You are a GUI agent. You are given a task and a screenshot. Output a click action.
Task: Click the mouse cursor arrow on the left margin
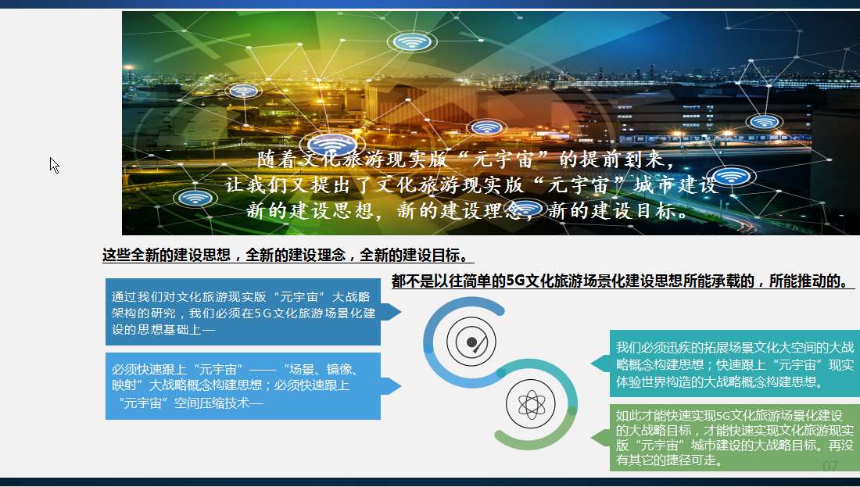54,165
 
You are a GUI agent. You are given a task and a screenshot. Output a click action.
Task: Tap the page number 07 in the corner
830,466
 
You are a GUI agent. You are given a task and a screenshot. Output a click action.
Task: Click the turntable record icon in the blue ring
471,342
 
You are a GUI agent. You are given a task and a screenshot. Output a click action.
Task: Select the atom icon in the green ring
530,405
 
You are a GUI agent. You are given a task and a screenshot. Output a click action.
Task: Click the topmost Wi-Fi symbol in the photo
411,41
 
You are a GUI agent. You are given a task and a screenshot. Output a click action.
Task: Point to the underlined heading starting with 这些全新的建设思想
288,255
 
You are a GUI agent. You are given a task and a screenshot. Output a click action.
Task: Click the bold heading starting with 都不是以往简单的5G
622,281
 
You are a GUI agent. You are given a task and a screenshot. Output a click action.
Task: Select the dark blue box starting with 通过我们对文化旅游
243,312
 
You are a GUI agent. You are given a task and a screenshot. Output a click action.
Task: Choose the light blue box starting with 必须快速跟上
243,386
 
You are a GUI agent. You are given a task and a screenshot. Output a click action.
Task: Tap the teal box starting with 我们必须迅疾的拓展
735,363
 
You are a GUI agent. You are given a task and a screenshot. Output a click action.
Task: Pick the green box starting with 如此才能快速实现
735,438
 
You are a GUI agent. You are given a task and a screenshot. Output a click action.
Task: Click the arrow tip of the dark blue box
401,312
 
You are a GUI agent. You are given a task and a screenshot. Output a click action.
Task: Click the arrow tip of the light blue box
401,386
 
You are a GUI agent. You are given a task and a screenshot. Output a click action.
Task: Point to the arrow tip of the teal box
591,363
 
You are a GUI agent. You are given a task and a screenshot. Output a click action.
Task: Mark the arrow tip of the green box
591,438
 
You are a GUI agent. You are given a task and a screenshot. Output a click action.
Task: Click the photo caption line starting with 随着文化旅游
467,159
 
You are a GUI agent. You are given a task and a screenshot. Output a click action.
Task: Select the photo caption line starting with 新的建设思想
467,210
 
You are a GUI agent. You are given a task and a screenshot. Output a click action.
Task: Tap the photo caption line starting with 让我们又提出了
471,184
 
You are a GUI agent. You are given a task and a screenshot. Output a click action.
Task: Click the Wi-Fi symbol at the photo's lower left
195,198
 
